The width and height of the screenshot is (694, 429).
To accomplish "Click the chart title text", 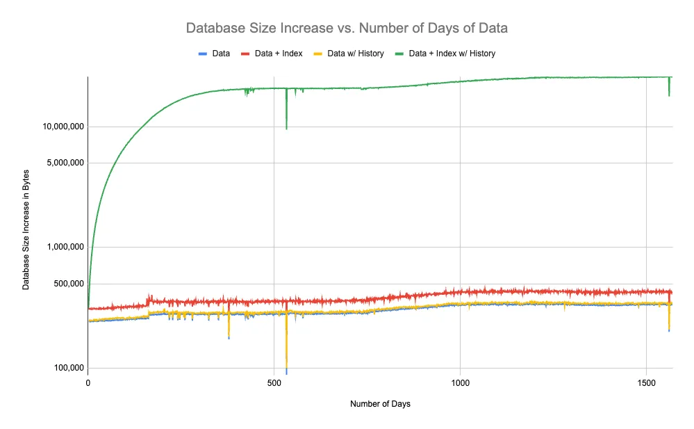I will click(x=347, y=29).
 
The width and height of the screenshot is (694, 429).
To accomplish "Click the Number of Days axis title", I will click(x=380, y=404).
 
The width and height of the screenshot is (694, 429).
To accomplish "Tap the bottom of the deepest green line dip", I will click(x=286, y=129).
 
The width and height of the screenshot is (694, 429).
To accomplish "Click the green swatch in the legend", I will click(x=399, y=53).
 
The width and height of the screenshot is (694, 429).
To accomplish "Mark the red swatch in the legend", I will click(x=245, y=53).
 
